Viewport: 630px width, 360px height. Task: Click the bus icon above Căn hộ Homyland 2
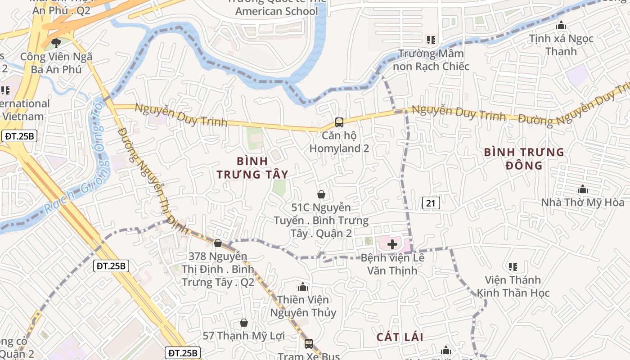[x=339, y=122]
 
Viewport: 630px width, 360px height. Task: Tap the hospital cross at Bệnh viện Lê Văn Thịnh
[x=392, y=244]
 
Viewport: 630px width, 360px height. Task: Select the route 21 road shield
[x=431, y=203]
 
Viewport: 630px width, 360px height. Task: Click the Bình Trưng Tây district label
[x=252, y=167]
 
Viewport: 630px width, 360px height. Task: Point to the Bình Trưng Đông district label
[x=524, y=159]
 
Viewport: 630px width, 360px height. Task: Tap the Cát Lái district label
[x=400, y=337]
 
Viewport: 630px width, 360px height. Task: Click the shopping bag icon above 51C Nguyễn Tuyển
[x=321, y=194]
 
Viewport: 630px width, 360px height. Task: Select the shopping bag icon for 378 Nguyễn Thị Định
[x=218, y=243]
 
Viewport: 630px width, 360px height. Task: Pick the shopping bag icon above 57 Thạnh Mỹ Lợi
[x=243, y=323]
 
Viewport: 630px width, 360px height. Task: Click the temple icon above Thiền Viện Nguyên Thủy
[x=302, y=287]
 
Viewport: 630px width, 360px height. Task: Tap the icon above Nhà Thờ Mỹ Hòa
[x=583, y=189]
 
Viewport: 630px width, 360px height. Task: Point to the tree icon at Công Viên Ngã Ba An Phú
[x=56, y=43]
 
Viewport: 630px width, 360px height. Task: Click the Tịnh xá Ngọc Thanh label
[x=561, y=45]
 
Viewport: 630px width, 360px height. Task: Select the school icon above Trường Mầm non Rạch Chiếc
[x=431, y=40]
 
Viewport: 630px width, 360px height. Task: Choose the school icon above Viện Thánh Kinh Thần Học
[x=513, y=267]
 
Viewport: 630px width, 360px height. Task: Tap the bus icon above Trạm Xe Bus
[x=308, y=343]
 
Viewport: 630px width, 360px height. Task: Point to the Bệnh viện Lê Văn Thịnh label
[x=392, y=264]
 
